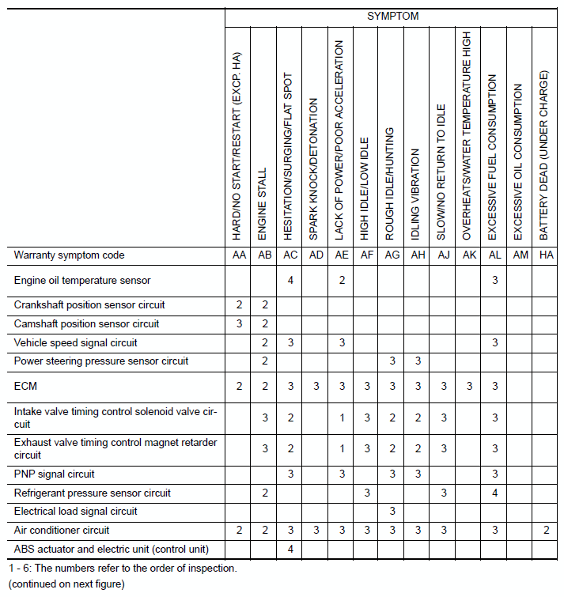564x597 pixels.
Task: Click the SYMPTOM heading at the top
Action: [392, 16]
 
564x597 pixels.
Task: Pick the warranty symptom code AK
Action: [468, 255]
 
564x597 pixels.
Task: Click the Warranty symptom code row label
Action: [70, 255]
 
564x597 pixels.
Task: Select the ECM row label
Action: [26, 386]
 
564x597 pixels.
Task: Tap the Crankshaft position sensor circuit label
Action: [89, 304]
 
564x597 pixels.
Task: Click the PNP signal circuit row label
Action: [54, 474]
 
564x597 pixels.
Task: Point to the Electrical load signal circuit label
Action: [76, 511]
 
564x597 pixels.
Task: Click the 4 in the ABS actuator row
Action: [291, 549]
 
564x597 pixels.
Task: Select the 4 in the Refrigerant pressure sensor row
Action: [494, 493]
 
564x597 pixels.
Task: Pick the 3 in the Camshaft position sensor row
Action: [239, 323]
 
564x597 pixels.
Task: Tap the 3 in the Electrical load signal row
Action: [392, 511]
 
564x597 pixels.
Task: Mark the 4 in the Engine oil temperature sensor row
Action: [291, 280]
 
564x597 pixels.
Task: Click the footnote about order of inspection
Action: [123, 568]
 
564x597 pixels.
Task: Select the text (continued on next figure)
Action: [66, 584]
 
